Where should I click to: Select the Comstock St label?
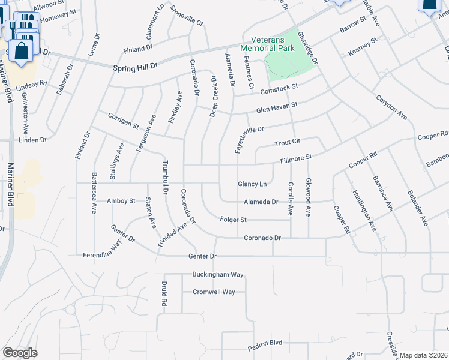pyautogui.click(x=279, y=89)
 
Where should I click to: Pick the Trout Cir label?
pyautogui.click(x=287, y=143)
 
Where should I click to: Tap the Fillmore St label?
pyautogui.click(x=297, y=158)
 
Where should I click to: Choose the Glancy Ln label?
pyautogui.click(x=252, y=184)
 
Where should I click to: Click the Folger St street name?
pyautogui.click(x=234, y=220)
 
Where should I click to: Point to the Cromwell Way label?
pyautogui.click(x=214, y=292)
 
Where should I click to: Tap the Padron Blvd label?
pyautogui.click(x=264, y=343)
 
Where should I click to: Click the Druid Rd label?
pyautogui.click(x=164, y=294)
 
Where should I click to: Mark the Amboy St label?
pyautogui.click(x=121, y=201)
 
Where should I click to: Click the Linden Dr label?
pyautogui.click(x=33, y=140)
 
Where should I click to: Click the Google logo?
pyautogui.click(x=20, y=352)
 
